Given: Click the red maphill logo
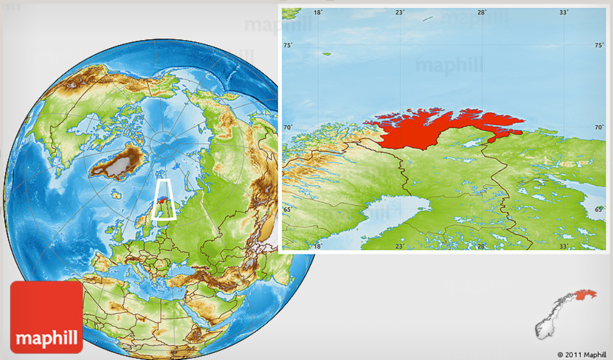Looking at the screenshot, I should coord(46,317).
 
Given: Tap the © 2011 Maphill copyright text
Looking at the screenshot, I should coord(582,354).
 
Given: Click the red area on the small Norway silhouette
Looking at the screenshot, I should coord(585,295).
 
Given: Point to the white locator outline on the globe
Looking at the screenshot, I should coord(165,199).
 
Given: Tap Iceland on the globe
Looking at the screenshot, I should coord(116,195).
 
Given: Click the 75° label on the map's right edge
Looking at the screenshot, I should coord(599,46).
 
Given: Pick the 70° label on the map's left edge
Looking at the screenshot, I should coord(288,128).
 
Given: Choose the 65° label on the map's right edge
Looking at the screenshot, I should coord(599,210).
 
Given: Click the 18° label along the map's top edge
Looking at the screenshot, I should coord(318,12).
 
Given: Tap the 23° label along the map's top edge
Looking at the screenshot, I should coord(400,12).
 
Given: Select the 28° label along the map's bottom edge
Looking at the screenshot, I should coord(482,246).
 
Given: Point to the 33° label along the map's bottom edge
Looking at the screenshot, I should coord(564,246).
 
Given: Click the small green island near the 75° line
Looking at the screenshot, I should coord(327,54).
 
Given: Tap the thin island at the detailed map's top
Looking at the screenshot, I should coord(427,19).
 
